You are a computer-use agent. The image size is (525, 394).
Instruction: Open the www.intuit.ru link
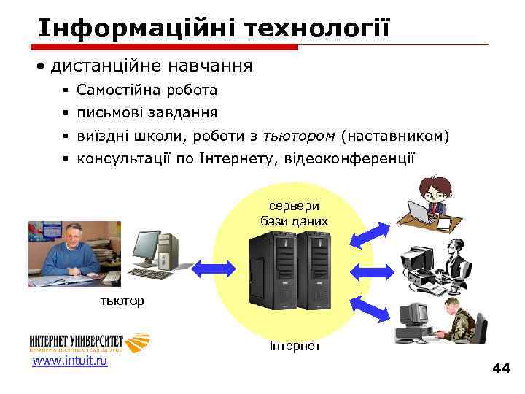(70, 360)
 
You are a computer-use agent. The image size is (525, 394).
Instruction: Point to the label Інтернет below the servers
(295, 345)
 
